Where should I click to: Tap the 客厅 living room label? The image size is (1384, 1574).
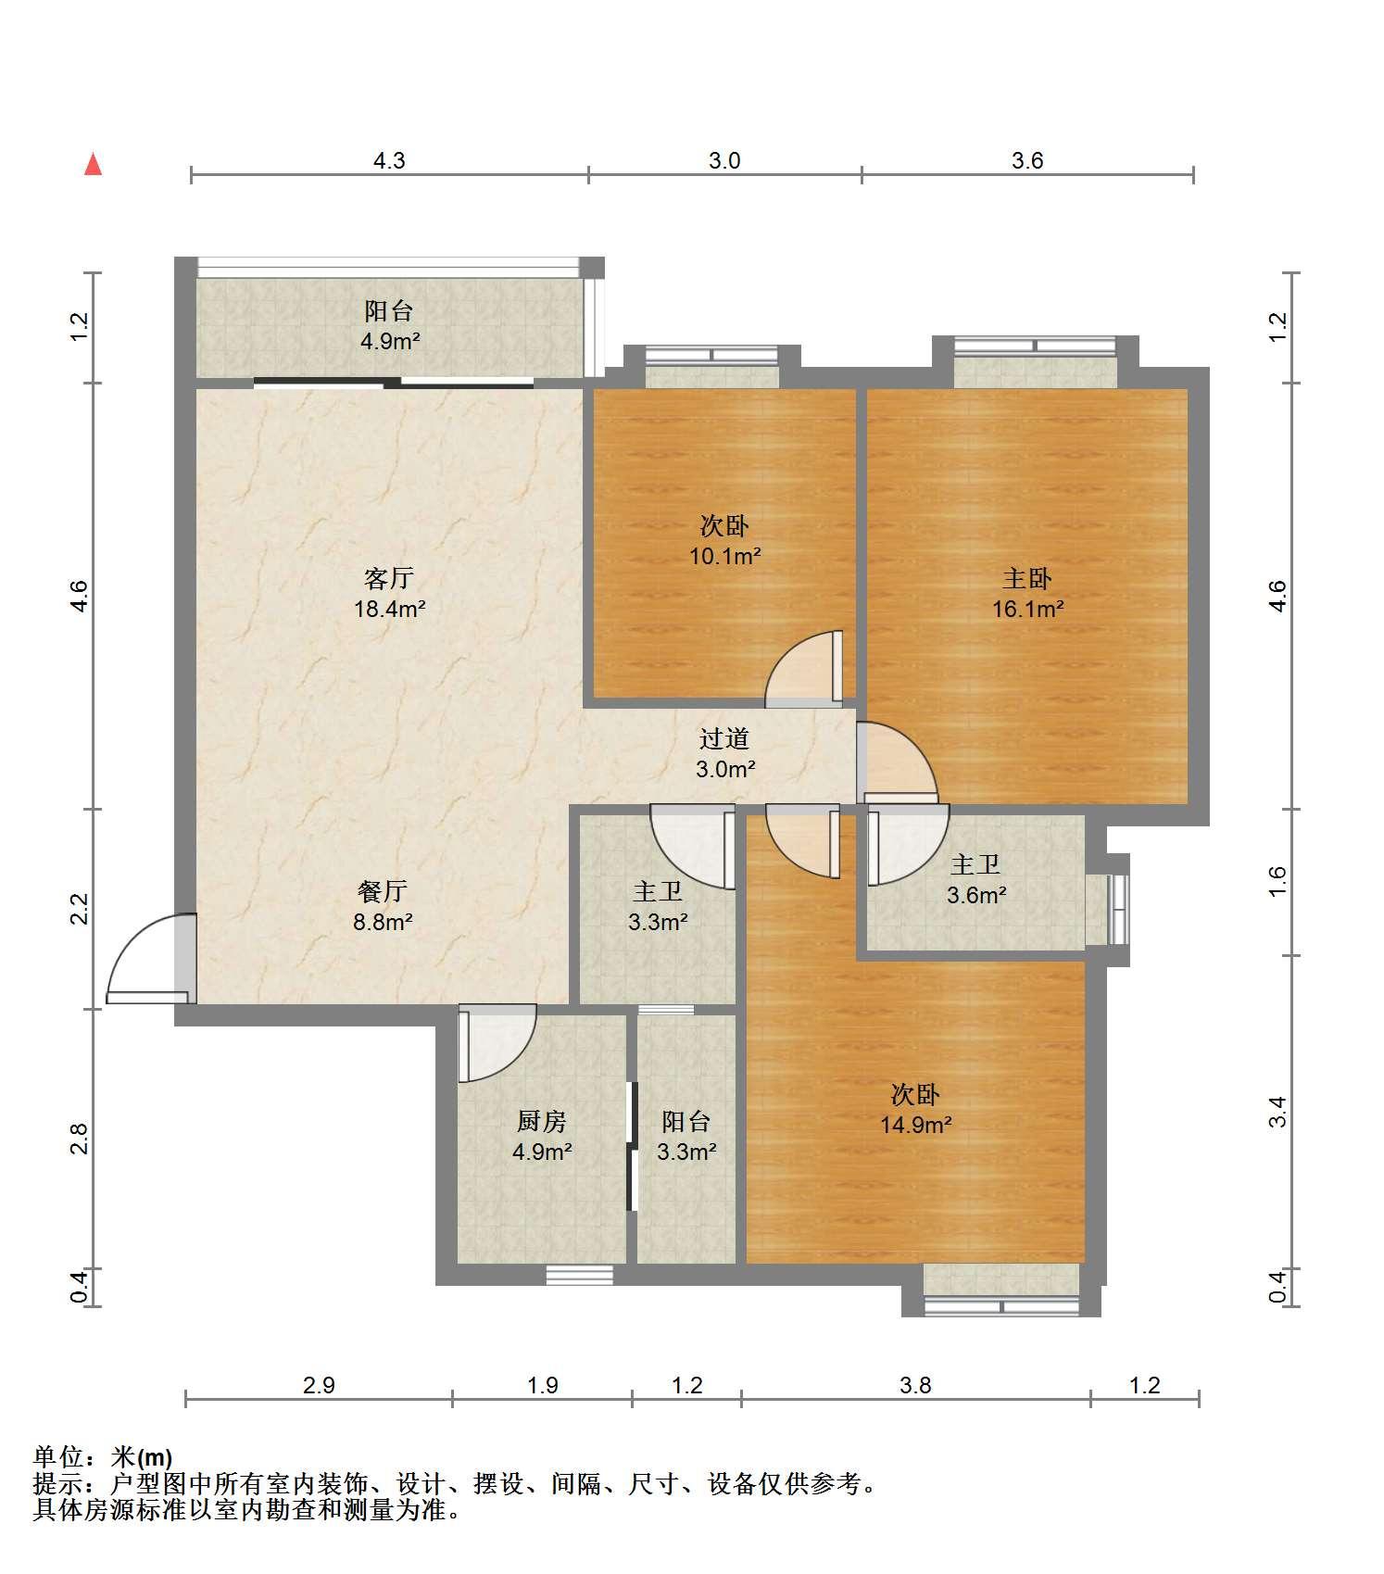click(389, 579)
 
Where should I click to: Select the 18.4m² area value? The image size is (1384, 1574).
click(390, 609)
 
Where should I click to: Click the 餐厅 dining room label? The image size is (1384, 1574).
click(383, 891)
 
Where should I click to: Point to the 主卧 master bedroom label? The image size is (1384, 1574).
click(1027, 579)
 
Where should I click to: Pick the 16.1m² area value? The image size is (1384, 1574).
click(1028, 609)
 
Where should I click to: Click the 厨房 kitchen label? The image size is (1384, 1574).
click(541, 1121)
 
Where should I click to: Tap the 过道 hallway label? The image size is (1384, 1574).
click(724, 738)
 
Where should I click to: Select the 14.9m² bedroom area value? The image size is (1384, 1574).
click(916, 1125)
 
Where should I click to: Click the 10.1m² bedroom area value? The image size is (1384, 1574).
click(724, 556)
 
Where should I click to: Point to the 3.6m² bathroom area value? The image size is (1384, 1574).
click(976, 895)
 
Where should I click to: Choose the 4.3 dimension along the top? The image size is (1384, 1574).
click(389, 160)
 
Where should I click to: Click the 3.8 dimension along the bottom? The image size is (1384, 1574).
click(915, 1385)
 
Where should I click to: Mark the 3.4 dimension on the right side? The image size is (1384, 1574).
click(1277, 1111)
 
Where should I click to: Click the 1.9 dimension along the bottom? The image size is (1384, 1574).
click(543, 1385)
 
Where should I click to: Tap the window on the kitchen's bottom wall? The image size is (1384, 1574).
click(579, 1276)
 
